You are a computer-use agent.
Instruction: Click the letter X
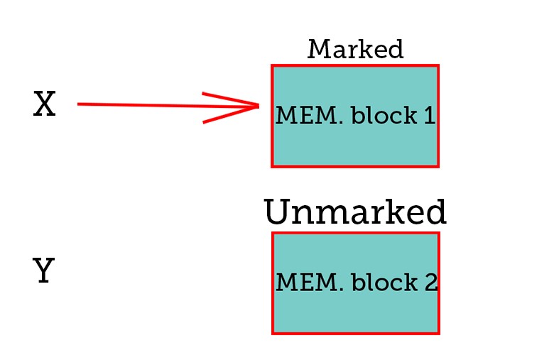pos(45,104)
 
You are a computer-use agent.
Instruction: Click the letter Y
pos(43,271)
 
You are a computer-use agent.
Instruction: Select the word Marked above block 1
pos(355,49)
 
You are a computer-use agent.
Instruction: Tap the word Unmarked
pos(355,212)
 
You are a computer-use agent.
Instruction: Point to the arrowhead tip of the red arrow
pos(259,106)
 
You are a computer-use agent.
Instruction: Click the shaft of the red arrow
pos(168,105)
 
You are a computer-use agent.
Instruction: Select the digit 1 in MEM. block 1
pos(430,116)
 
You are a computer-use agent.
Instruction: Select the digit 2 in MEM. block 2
pos(431,283)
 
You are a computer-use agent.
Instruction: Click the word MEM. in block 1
pos(309,116)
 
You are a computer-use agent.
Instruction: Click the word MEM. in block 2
pos(310,283)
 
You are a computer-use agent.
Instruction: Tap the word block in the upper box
pos(384,115)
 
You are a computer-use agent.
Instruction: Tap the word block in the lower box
pos(384,282)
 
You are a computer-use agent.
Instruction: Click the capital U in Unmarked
pos(277,212)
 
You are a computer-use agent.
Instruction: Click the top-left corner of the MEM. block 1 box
pos(272,65)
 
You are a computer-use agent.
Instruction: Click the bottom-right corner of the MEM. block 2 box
pos(439,333)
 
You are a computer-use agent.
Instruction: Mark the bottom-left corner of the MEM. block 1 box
pos(272,166)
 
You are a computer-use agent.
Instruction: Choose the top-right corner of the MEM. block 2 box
pos(439,233)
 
